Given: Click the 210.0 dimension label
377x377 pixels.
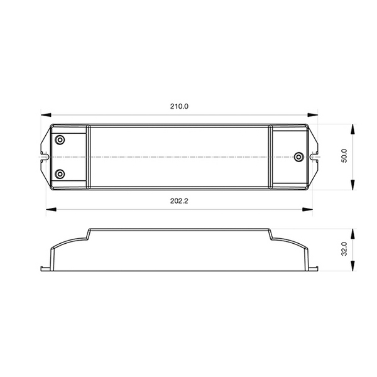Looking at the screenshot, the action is [179, 106].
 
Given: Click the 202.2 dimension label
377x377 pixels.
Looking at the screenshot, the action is [179, 201].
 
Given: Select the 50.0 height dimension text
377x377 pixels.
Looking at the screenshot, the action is [344, 156].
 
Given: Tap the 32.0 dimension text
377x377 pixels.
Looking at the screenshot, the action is [344, 249].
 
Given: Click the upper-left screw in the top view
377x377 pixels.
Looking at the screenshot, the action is [60, 139].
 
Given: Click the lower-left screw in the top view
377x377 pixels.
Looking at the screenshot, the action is [60, 174].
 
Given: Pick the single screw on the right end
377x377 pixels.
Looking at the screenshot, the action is [298, 157].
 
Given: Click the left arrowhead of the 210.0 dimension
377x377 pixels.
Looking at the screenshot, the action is [46, 115].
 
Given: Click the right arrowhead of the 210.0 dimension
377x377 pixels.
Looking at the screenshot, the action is [312, 115].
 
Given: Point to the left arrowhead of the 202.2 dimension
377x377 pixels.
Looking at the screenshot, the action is [51, 209].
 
